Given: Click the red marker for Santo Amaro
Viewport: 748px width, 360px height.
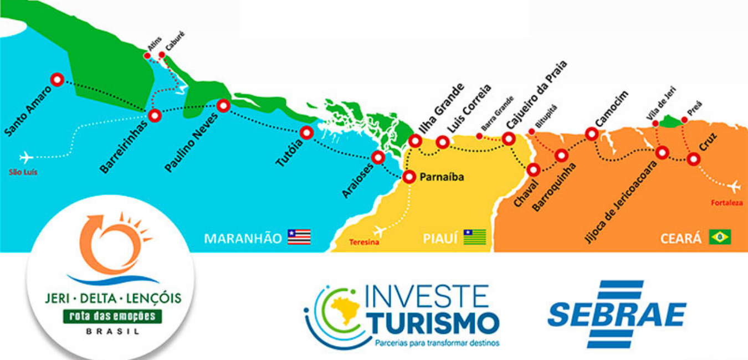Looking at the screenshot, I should (x=57, y=80).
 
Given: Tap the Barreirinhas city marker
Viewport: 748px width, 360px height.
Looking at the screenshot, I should (x=155, y=115).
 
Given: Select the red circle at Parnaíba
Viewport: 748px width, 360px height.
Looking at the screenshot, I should (x=409, y=177).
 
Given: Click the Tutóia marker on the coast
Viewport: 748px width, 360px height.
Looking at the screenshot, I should (x=306, y=133).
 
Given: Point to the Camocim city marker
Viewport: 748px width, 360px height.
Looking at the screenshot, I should (x=592, y=133).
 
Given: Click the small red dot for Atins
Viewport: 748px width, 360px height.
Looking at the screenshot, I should (x=147, y=56).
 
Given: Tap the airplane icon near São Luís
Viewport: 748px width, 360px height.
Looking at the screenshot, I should (x=25, y=157).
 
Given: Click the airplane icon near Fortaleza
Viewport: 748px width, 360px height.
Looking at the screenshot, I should (x=735, y=186).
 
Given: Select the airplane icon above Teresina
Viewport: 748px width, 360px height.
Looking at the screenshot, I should (x=379, y=230).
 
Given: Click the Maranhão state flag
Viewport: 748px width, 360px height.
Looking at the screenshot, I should (x=299, y=237).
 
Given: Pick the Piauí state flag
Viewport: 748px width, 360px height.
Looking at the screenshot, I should (x=475, y=237).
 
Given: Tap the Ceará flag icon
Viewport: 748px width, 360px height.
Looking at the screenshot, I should (x=720, y=237).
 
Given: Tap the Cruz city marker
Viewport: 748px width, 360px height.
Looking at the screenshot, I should (x=693, y=159).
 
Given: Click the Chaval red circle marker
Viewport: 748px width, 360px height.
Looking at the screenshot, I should (x=534, y=169).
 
